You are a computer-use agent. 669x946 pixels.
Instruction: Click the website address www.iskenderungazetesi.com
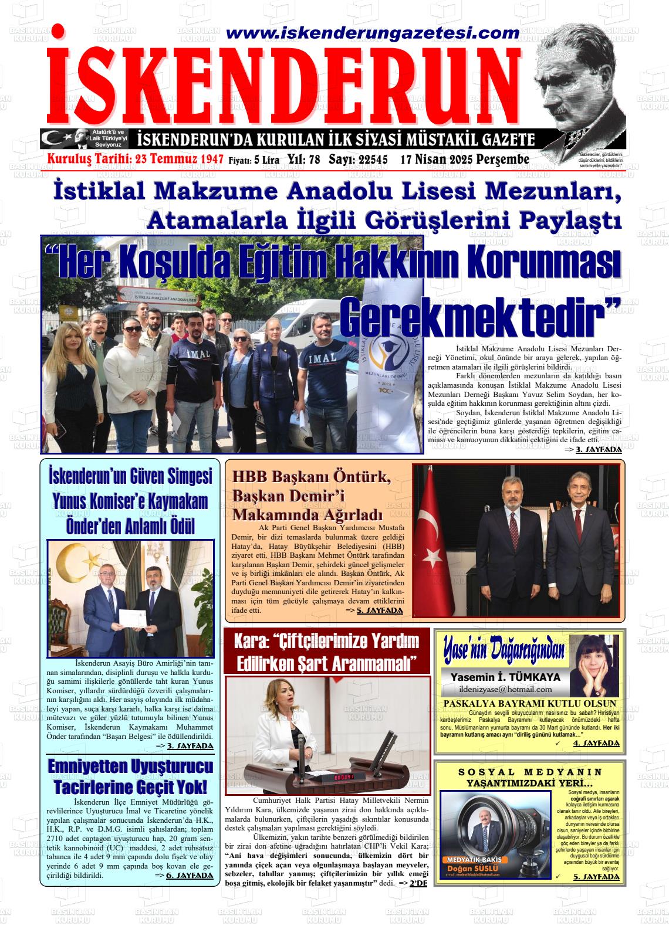coord(372,33)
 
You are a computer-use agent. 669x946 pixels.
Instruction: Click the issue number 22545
coord(366,160)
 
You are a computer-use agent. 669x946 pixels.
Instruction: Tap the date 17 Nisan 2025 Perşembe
coord(465,160)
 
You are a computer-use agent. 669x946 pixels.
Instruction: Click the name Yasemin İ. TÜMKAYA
coord(505,677)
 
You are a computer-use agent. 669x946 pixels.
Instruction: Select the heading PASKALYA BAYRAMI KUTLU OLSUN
coord(530,703)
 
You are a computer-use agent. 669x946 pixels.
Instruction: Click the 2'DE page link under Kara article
coord(418,883)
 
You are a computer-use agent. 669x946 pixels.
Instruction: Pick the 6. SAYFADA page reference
coord(190,876)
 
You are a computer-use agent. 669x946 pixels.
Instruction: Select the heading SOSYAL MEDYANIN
coord(530,772)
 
